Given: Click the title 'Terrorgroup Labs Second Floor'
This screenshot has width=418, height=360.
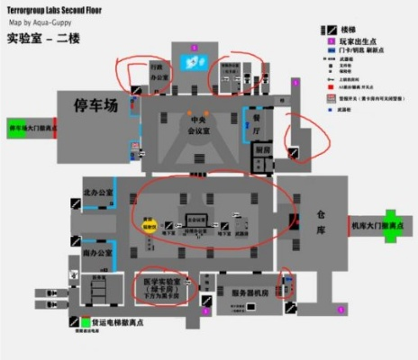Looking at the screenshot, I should [x=57, y=8].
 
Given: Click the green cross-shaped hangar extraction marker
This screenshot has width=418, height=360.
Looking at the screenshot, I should [x=389, y=221].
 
